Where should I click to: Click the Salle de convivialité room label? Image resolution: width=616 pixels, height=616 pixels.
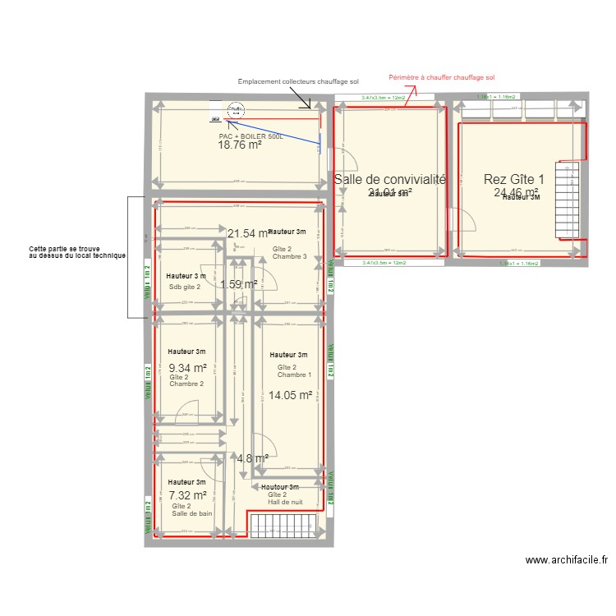coord(389,179)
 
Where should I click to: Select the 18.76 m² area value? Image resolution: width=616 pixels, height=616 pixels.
coord(240,145)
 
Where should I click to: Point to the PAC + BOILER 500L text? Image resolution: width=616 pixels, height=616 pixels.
coord(251,136)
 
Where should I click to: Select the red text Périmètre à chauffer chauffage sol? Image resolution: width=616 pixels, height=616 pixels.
coord(442,77)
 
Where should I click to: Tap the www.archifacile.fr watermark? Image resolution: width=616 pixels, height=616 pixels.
coord(567,560)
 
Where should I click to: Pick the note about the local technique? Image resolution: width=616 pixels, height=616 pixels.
coord(76,252)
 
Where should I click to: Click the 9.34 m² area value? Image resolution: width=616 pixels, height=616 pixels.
coord(186,368)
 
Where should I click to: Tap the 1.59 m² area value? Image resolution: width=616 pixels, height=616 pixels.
coord(239,284)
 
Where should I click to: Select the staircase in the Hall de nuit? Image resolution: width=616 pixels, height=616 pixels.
coord(283,526)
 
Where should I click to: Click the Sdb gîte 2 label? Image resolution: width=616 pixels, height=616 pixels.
coord(185,287)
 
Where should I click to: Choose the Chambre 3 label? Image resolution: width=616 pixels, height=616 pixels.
coord(290,257)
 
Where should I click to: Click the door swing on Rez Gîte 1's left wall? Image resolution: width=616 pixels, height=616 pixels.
coord(466,223)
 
